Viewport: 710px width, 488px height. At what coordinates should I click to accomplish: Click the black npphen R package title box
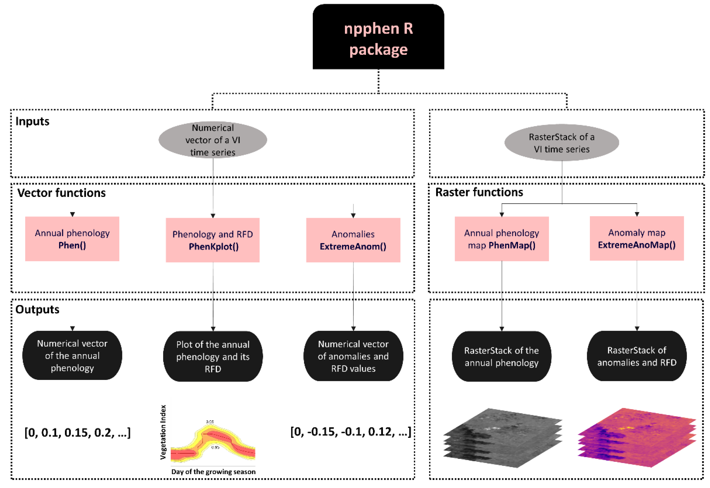tap(378, 37)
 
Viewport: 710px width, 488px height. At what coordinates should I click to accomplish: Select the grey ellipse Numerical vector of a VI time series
tap(213, 140)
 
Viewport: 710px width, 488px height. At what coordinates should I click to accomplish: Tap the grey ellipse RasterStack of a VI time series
tap(562, 143)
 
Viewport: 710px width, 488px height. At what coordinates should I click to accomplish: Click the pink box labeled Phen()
tap(72, 239)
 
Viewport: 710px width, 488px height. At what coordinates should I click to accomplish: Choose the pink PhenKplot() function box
tap(213, 240)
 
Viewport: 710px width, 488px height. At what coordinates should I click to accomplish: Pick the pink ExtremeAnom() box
tap(353, 240)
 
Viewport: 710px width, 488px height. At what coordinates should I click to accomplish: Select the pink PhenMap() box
tap(502, 239)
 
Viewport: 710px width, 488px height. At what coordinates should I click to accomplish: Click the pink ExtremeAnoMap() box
tap(637, 239)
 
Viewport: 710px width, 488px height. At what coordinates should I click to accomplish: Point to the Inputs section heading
tap(32, 122)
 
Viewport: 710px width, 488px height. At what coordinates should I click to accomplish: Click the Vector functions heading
tap(61, 193)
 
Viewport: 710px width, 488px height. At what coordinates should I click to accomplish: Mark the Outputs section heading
tap(37, 310)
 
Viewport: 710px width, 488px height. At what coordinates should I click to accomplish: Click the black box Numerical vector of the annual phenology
tap(72, 355)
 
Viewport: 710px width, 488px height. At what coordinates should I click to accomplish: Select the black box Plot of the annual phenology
tap(213, 356)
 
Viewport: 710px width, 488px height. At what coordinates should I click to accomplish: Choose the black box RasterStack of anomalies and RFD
tap(637, 356)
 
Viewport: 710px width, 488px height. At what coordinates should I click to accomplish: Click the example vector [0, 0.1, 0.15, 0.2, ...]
tap(78, 433)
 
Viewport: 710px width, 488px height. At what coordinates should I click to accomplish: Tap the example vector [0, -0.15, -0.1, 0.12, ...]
tap(351, 432)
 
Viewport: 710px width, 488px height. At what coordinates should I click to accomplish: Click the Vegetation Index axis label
tap(163, 432)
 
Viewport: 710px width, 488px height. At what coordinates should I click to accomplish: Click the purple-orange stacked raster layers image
tap(637, 438)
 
